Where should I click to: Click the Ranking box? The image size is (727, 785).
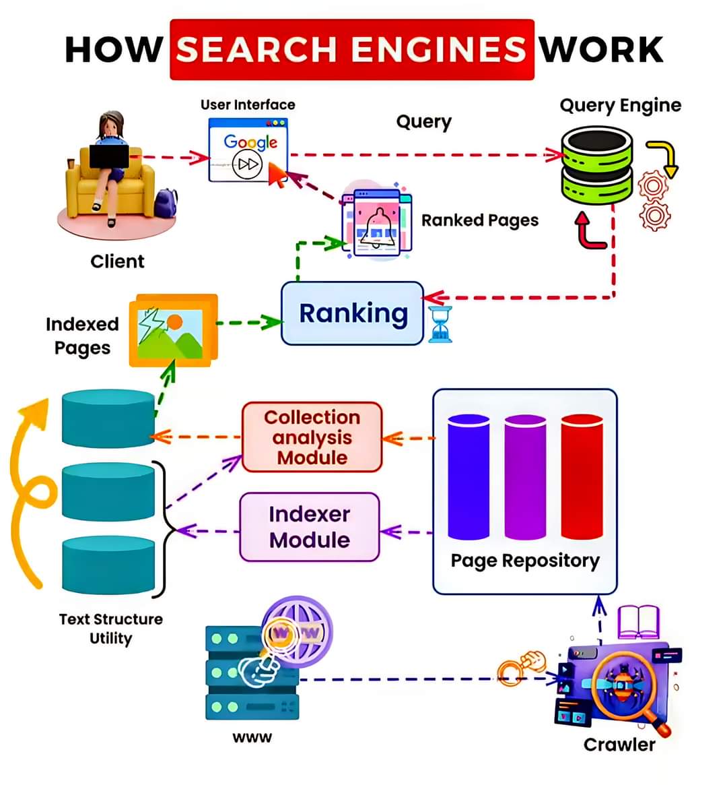[x=352, y=313]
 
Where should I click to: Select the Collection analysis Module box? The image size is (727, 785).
[x=312, y=437]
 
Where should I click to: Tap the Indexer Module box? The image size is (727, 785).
[x=310, y=527]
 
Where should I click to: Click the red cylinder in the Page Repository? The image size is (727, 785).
[x=582, y=477]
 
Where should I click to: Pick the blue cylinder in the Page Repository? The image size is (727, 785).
[x=469, y=477]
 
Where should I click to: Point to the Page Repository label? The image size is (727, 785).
[x=524, y=561]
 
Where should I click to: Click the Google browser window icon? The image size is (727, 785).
[x=248, y=150]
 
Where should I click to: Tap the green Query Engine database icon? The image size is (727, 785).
[x=596, y=166]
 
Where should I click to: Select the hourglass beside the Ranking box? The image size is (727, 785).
[x=440, y=323]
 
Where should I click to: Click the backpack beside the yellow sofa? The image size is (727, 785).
[x=166, y=202]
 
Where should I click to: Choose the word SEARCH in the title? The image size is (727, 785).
[x=257, y=50]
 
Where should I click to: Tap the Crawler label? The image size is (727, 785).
[x=619, y=745]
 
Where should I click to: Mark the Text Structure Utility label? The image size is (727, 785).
[x=110, y=629]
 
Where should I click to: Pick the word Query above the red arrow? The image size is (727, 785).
[x=423, y=122]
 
